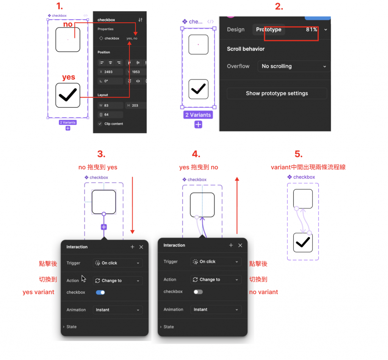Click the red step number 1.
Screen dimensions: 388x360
click(x=59, y=6)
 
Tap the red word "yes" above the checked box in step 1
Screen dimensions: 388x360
click(x=69, y=77)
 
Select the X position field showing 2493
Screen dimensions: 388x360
click(x=110, y=72)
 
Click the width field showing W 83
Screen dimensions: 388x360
click(x=110, y=105)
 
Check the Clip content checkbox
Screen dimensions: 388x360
click(x=100, y=124)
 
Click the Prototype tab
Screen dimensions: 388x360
click(x=269, y=30)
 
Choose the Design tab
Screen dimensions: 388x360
click(x=236, y=30)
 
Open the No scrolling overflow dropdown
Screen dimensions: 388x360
click(x=294, y=66)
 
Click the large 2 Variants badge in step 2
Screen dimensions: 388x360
click(x=198, y=115)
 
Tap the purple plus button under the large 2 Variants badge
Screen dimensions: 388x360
click(x=198, y=124)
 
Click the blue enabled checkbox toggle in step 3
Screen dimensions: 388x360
click(x=100, y=293)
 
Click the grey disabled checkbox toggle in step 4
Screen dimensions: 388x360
click(x=198, y=292)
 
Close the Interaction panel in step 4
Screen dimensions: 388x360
click(x=240, y=245)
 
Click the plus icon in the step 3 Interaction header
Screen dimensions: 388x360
click(x=132, y=247)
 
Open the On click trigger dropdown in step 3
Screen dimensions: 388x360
click(x=118, y=263)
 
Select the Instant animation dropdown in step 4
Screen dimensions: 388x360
click(x=216, y=310)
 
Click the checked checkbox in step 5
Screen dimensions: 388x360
click(x=303, y=243)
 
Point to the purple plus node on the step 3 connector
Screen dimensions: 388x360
click(x=104, y=227)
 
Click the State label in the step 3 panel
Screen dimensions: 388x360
click(x=72, y=327)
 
